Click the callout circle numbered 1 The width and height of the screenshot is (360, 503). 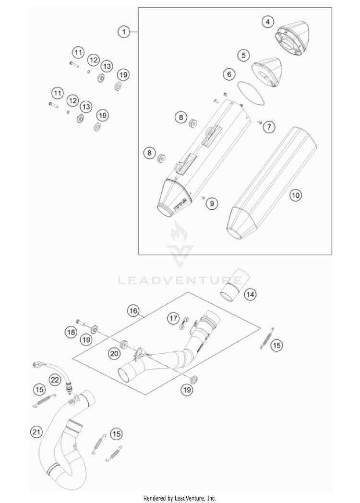(124, 32)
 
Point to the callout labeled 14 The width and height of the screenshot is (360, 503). (250, 294)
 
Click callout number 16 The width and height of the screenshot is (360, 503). (133, 311)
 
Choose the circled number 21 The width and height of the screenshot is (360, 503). (35, 432)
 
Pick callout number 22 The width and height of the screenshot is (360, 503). (55, 380)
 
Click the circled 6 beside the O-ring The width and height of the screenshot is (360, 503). (229, 74)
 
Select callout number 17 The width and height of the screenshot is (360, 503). (173, 317)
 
